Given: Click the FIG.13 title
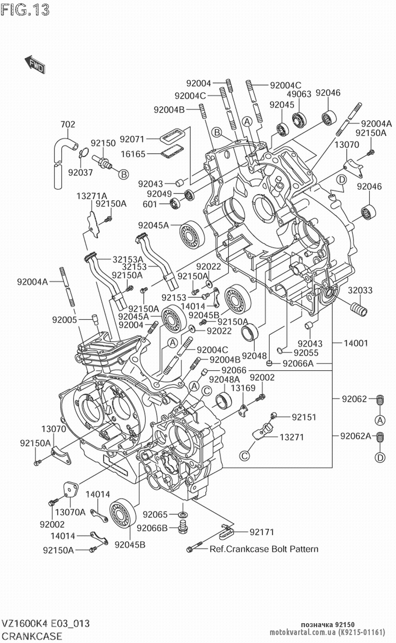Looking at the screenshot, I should click(25, 10).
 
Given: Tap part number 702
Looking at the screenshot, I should click(67, 124).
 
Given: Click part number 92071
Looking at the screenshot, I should click(132, 139).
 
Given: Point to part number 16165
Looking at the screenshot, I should click(133, 154).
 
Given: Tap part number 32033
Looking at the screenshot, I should click(360, 290).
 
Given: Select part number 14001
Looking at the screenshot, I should click(356, 343).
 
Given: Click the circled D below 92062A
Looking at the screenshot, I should click(380, 458).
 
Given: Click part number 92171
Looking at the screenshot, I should click(262, 532).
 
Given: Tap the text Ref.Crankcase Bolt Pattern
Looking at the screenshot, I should click(264, 549).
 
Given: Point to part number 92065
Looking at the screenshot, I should click(155, 514).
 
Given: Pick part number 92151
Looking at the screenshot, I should click(304, 417).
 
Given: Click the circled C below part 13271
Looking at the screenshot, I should click(245, 456).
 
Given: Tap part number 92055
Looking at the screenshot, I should click(306, 353).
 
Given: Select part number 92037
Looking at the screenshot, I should click(80, 172).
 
